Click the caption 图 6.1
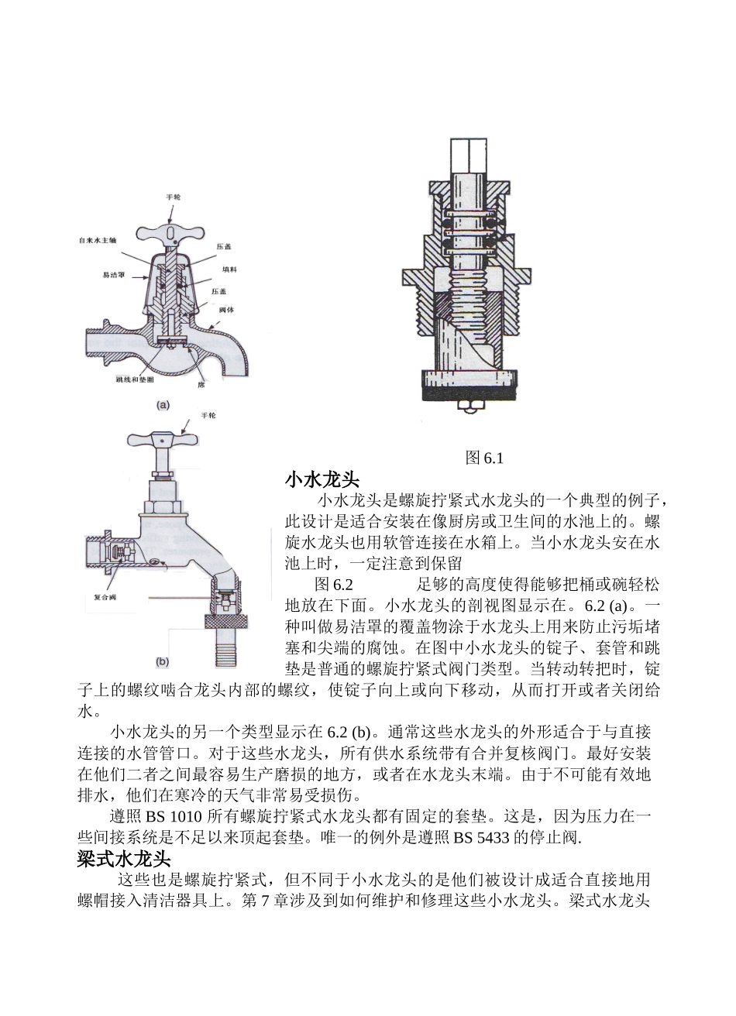click(484, 458)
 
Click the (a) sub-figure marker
click(163, 404)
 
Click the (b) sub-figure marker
click(163, 661)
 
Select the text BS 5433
click(480, 837)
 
